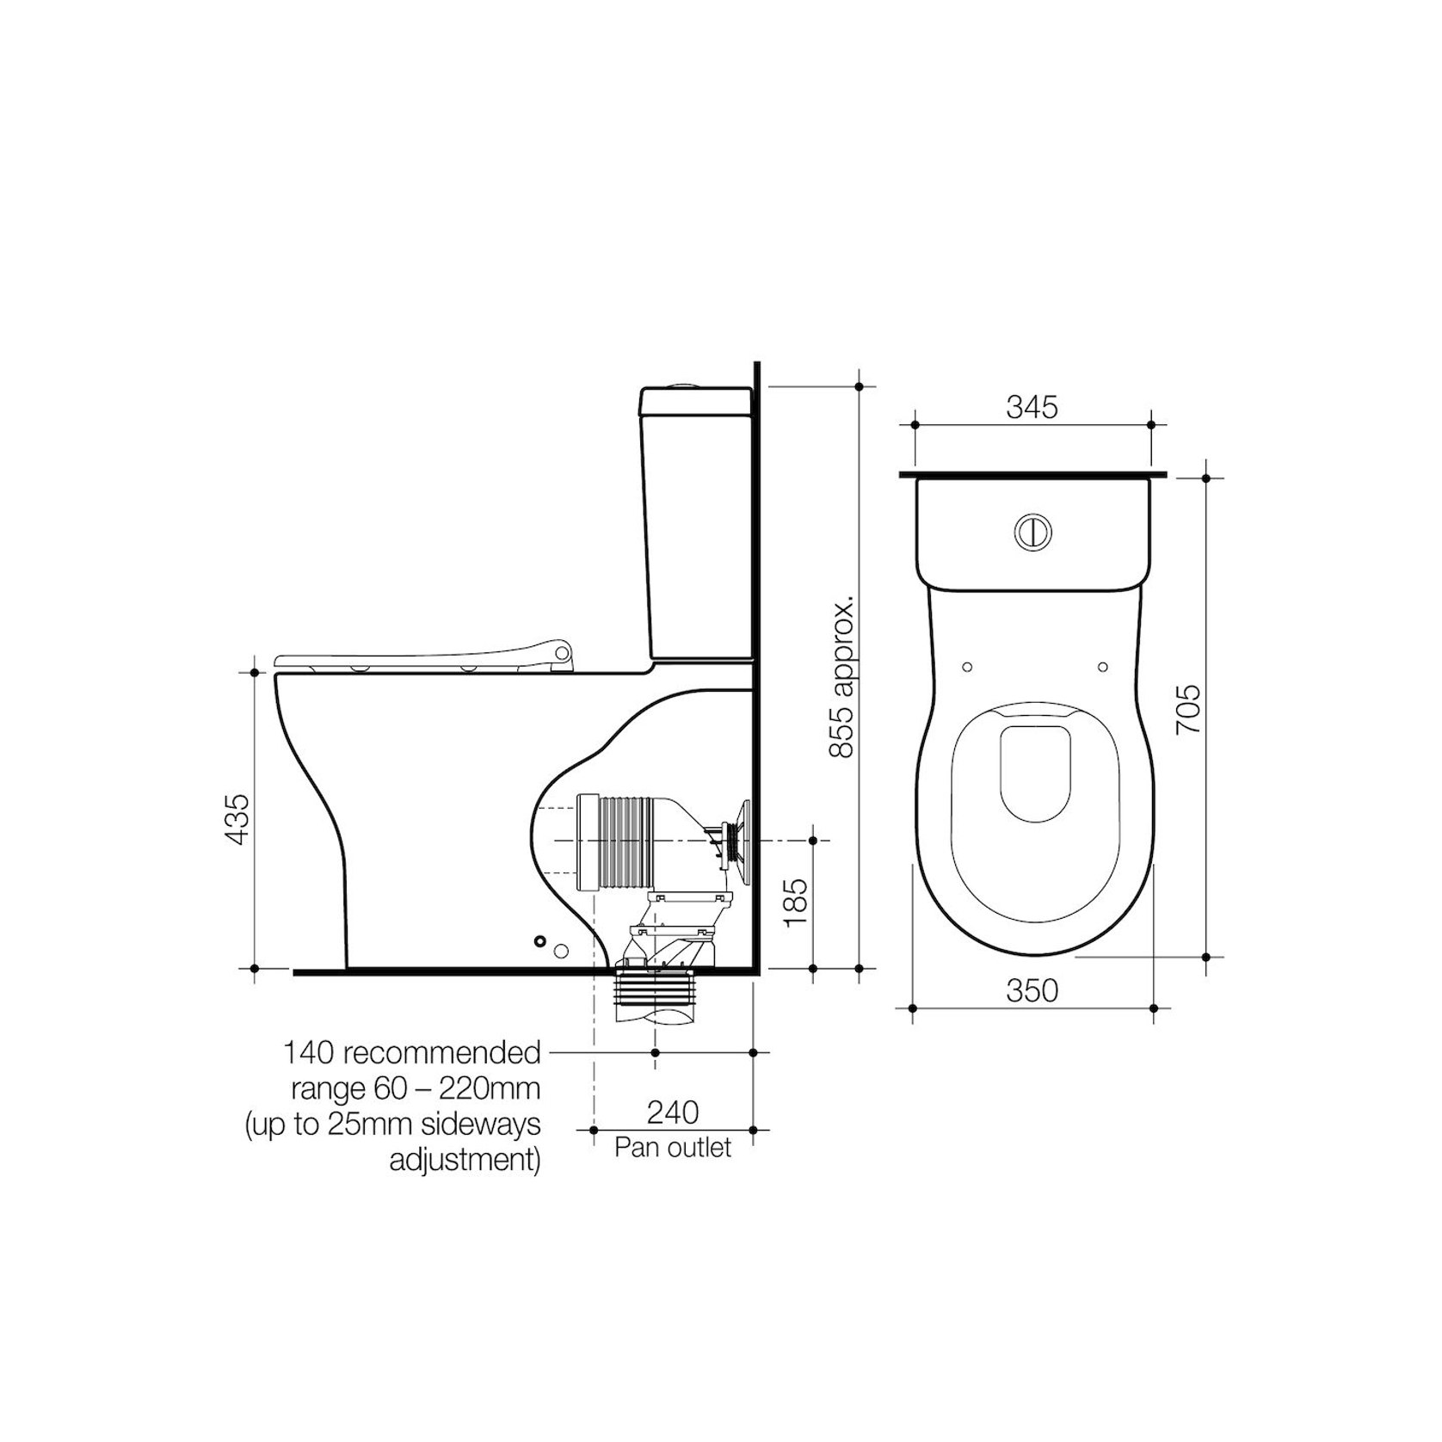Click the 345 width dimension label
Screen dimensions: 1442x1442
1032,407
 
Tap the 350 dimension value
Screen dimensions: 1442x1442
1032,990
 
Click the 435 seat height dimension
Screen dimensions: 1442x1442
237,818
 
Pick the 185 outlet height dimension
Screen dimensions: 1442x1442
797,902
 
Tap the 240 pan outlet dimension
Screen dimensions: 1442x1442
673,1112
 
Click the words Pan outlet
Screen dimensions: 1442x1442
673,1148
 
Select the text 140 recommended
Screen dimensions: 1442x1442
412,1052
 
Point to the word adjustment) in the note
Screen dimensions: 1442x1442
465,1161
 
